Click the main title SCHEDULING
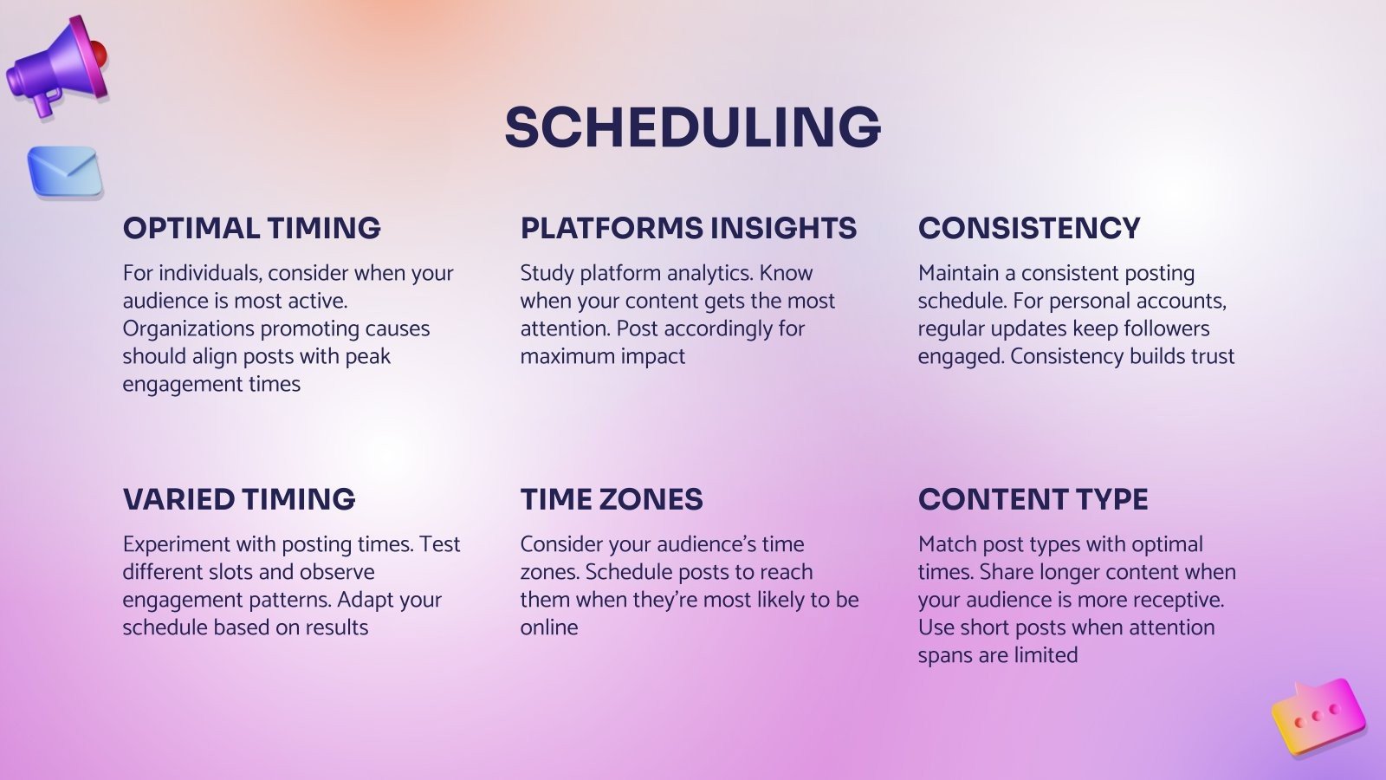tap(692, 127)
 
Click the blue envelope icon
tap(65, 172)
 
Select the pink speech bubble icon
tap(1318, 716)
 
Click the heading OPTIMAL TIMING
tap(251, 228)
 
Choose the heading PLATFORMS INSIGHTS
tap(688, 228)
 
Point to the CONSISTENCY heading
tap(1029, 228)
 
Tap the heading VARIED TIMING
tap(239, 499)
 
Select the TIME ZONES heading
tap(612, 499)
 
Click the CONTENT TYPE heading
tap(1033, 499)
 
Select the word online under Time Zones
tap(549, 627)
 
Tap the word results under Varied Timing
tap(335, 627)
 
